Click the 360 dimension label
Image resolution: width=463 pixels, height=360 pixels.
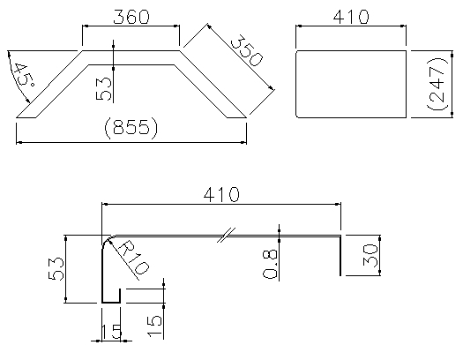pyautogui.click(x=131, y=17)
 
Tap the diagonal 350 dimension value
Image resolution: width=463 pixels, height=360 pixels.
pyautogui.click(x=246, y=50)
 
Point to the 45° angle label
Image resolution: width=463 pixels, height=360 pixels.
pyautogui.click(x=24, y=74)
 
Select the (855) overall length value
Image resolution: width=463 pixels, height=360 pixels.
pyautogui.click(x=131, y=128)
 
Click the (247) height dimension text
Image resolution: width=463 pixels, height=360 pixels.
pyautogui.click(x=437, y=84)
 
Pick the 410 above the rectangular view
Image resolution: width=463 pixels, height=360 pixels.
pyautogui.click(x=351, y=17)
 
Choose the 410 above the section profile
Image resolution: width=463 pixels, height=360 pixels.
pyautogui.click(x=221, y=194)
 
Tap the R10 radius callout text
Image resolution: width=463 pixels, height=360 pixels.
pyautogui.click(x=134, y=258)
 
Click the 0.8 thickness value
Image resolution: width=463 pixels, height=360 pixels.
pyautogui.click(x=270, y=264)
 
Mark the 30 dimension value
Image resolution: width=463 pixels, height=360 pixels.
pyautogui.click(x=371, y=256)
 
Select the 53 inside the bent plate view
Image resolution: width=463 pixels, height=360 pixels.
pyautogui.click(x=104, y=89)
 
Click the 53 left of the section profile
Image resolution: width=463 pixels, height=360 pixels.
pyautogui.click(x=56, y=269)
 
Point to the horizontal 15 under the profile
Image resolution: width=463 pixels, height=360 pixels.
pyautogui.click(x=111, y=332)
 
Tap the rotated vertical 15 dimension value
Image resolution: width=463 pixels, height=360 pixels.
pyautogui.click(x=155, y=326)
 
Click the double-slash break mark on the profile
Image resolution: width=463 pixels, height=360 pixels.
pyautogui.click(x=227, y=235)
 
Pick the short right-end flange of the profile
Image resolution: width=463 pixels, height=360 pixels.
pyautogui.click(x=340, y=256)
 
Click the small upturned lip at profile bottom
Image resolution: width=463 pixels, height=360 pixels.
pyautogui.click(x=120, y=296)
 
